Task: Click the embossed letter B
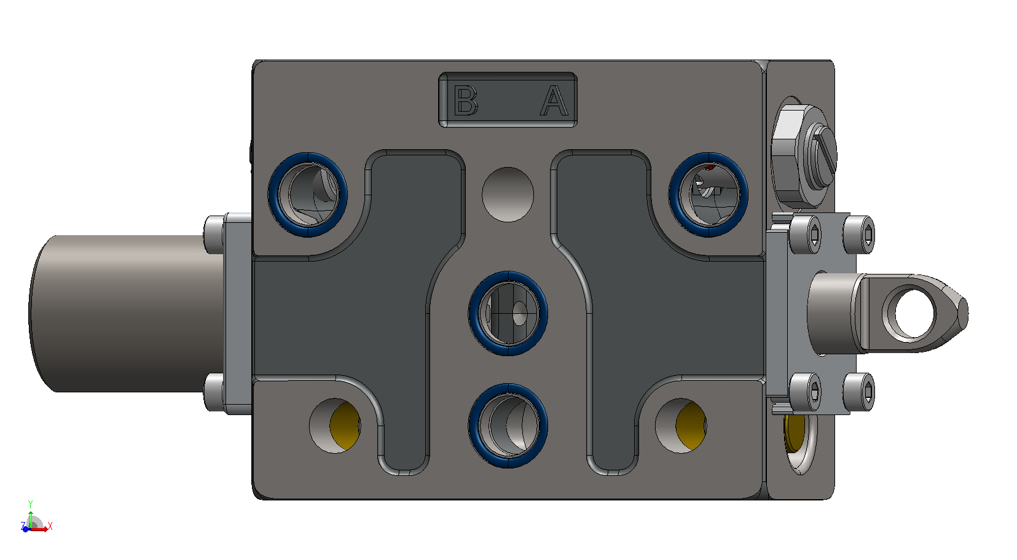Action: (x=465, y=100)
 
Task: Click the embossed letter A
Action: (x=554, y=100)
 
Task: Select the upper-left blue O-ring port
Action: (x=308, y=195)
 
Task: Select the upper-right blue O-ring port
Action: (x=709, y=195)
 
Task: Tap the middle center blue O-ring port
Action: (x=508, y=313)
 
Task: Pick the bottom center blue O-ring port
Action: (x=508, y=426)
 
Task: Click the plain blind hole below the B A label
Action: (x=508, y=195)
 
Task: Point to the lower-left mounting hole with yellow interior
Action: (x=335, y=426)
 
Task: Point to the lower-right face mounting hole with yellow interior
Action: (x=681, y=426)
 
